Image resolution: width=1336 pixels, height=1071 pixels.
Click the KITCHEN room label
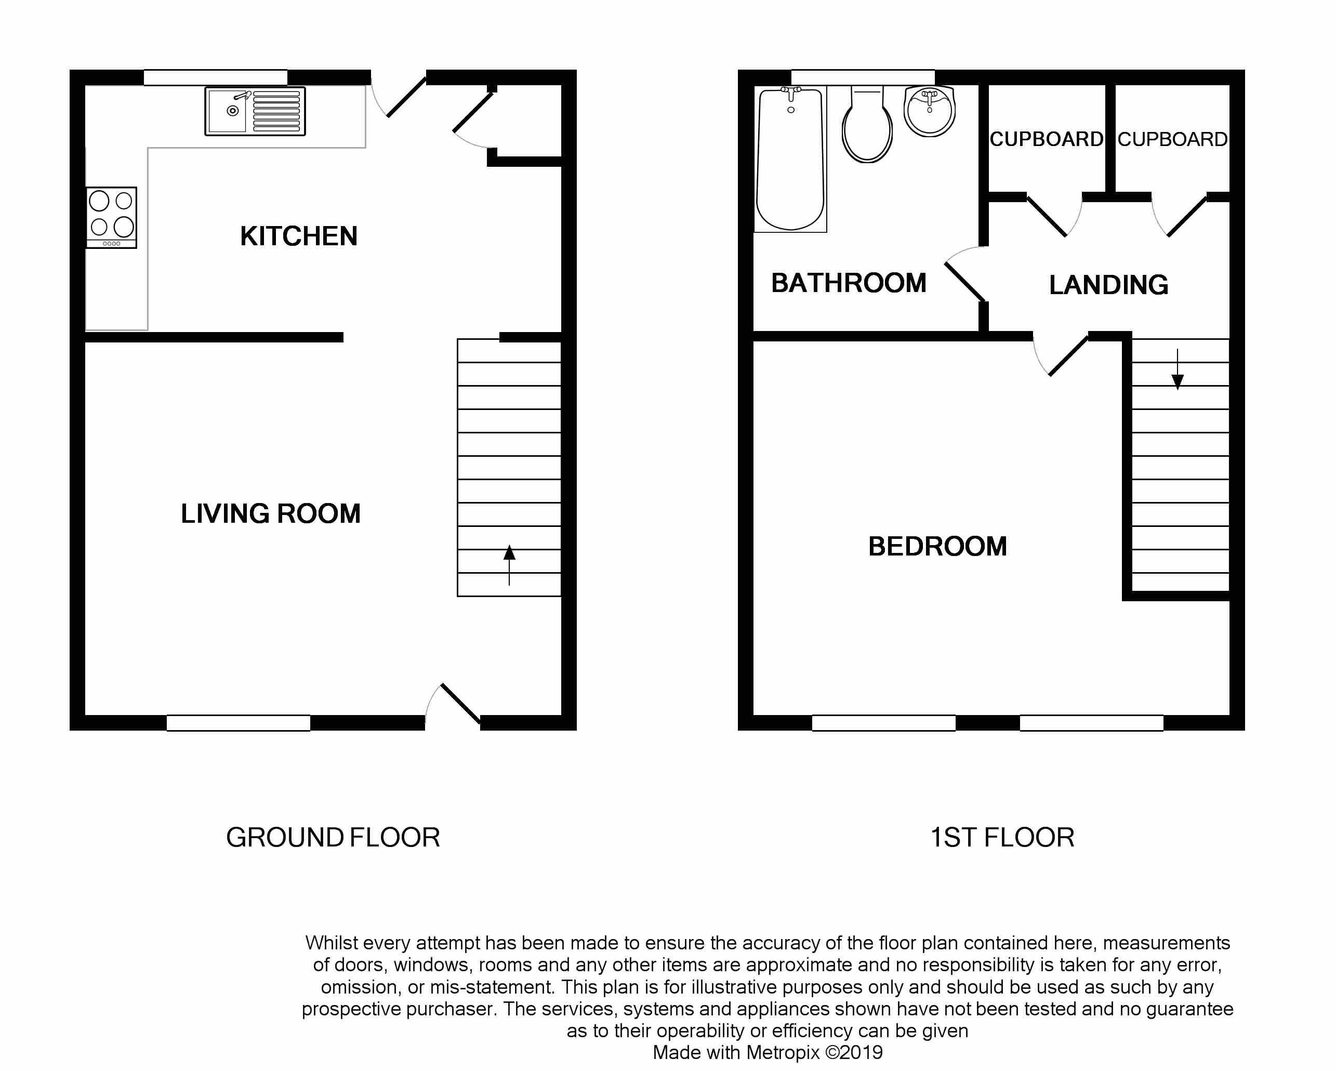tap(299, 236)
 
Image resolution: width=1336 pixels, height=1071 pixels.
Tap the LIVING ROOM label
tap(271, 514)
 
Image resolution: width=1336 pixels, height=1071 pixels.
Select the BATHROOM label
tap(849, 283)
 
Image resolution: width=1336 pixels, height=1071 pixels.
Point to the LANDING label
tap(1108, 285)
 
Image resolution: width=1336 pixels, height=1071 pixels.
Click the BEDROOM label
tap(937, 547)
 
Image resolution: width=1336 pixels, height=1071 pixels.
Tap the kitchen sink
tap(255, 111)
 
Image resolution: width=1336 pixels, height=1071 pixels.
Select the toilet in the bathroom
tap(867, 124)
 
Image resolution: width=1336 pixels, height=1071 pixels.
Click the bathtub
tap(791, 160)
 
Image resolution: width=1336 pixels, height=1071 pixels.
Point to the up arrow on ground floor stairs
tap(509, 565)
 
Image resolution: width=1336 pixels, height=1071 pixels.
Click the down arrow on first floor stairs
tap(1178, 369)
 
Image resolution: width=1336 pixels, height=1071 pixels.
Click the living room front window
tap(239, 723)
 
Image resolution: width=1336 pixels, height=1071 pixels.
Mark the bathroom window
tap(863, 77)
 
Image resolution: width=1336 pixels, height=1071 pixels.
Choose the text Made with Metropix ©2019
tap(768, 1052)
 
